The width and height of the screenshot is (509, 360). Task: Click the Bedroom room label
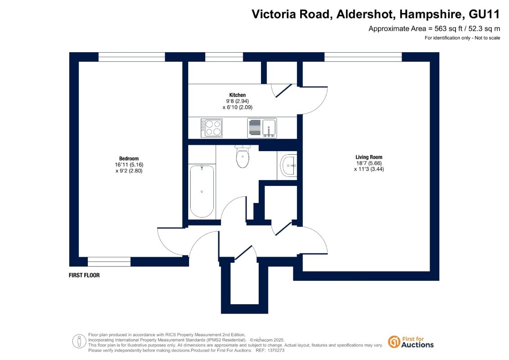129,159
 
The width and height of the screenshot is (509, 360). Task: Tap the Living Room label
369,157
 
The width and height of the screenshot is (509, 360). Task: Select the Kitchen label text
237,95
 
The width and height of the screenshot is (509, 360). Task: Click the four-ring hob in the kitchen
212,128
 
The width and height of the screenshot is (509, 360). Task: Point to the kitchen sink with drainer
262,128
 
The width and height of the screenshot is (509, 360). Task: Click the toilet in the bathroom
243,157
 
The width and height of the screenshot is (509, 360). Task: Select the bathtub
202,191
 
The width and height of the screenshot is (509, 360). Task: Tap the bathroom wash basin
289,166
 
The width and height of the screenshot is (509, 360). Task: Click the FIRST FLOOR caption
84,275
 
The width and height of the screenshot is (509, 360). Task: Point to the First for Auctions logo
411,342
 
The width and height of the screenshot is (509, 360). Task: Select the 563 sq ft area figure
448,28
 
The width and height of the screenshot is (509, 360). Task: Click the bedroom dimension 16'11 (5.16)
129,165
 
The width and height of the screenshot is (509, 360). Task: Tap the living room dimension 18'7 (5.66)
369,163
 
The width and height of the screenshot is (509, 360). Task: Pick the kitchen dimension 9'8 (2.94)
237,101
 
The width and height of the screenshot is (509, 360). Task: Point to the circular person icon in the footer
79,342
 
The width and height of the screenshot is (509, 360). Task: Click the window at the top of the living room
363,57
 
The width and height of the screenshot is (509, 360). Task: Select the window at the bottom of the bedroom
109,261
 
